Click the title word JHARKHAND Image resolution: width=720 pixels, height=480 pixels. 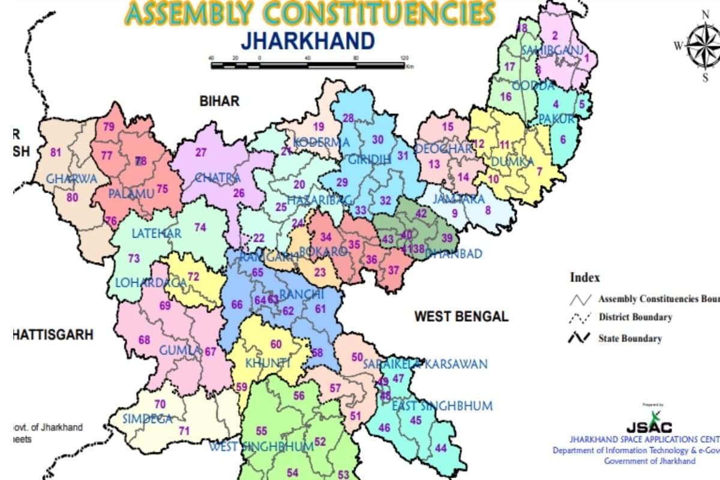point(308,41)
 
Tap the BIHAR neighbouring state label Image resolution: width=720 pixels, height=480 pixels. point(219,101)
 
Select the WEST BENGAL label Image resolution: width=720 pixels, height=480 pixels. point(461,316)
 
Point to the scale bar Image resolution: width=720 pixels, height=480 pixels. point(308,64)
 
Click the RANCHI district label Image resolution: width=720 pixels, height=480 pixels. point(302,294)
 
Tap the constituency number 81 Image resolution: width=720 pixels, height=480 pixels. point(56,152)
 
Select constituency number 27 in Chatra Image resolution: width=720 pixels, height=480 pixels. point(200,152)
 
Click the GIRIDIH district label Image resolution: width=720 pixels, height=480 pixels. point(370,160)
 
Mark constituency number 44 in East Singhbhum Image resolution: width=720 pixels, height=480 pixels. point(441,448)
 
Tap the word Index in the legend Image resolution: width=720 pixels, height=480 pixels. point(584,278)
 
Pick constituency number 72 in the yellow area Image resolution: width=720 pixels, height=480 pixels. point(193,277)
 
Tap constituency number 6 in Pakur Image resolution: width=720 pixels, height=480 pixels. point(563,139)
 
